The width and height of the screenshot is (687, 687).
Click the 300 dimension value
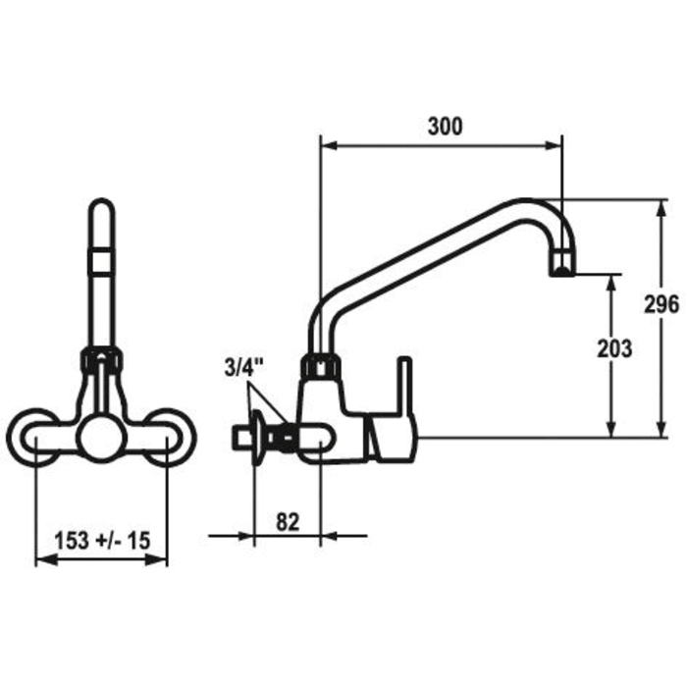click(445, 126)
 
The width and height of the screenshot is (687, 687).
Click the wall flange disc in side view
click(254, 437)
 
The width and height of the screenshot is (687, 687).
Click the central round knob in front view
click(101, 438)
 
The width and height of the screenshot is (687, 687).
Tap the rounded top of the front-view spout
click(101, 208)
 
